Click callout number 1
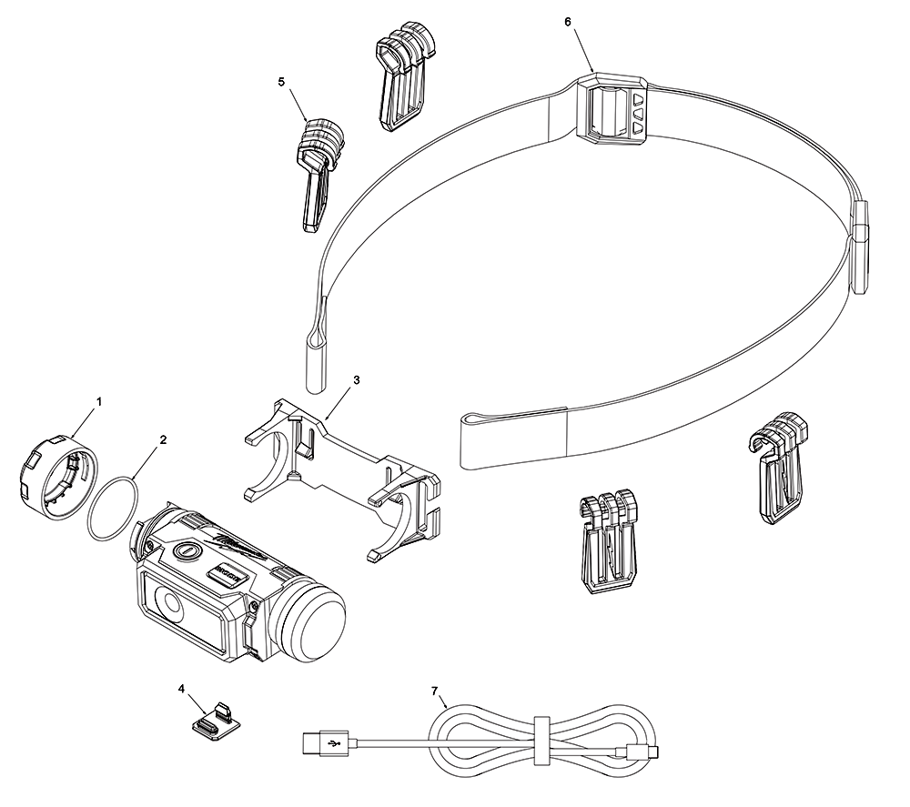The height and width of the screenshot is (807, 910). pos(99,400)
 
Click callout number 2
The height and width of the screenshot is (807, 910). pos(163,439)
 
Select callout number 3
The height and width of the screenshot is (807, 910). pos(356,380)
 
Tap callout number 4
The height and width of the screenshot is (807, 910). pos(183,689)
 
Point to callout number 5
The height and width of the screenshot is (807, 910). pos(281,82)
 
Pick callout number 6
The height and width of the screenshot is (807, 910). pos(568,22)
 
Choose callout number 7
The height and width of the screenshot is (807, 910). pos(434,691)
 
